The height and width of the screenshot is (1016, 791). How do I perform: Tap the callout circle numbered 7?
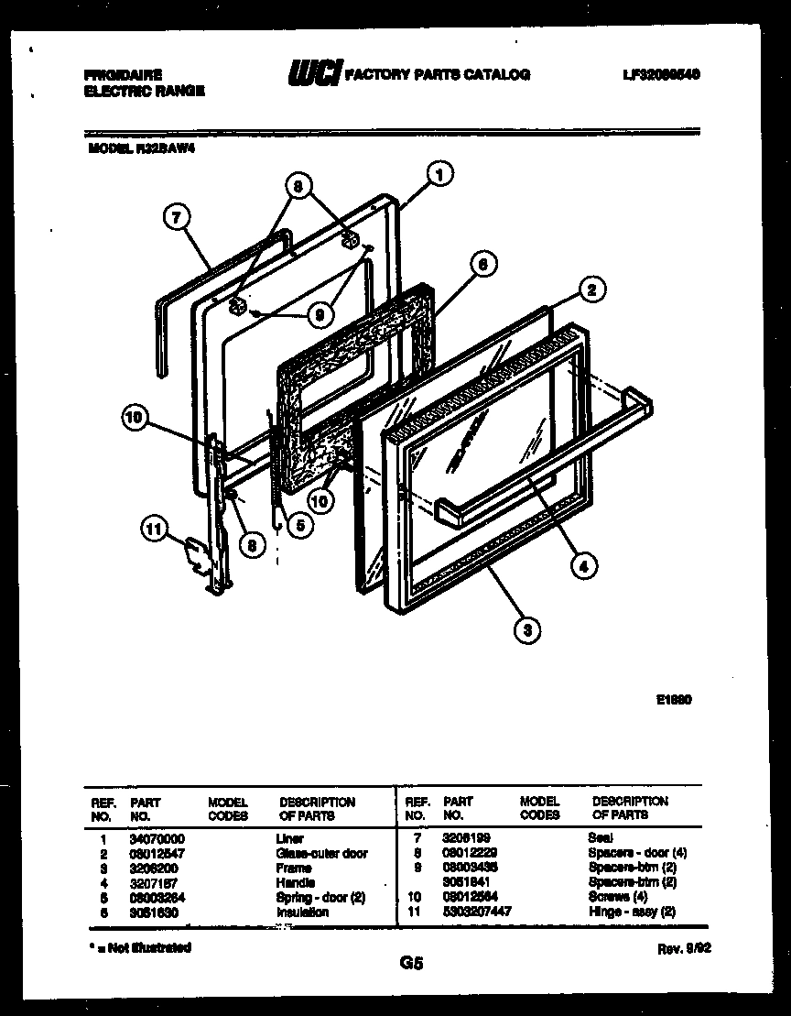click(178, 217)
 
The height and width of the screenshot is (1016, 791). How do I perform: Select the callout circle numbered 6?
click(483, 264)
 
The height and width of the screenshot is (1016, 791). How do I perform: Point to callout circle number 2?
click(591, 290)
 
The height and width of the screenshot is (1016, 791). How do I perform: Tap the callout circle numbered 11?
click(156, 527)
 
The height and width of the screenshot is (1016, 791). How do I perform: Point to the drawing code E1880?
click(673, 698)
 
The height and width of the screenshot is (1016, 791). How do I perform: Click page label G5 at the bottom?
click(411, 963)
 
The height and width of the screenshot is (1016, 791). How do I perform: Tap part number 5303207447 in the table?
click(476, 912)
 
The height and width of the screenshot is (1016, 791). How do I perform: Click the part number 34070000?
click(157, 838)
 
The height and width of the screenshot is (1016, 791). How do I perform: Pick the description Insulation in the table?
click(301, 912)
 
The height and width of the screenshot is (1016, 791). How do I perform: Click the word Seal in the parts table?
click(601, 837)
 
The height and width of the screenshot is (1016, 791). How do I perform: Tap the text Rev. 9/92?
click(684, 950)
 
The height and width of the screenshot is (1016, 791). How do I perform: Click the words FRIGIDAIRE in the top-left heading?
click(123, 75)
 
